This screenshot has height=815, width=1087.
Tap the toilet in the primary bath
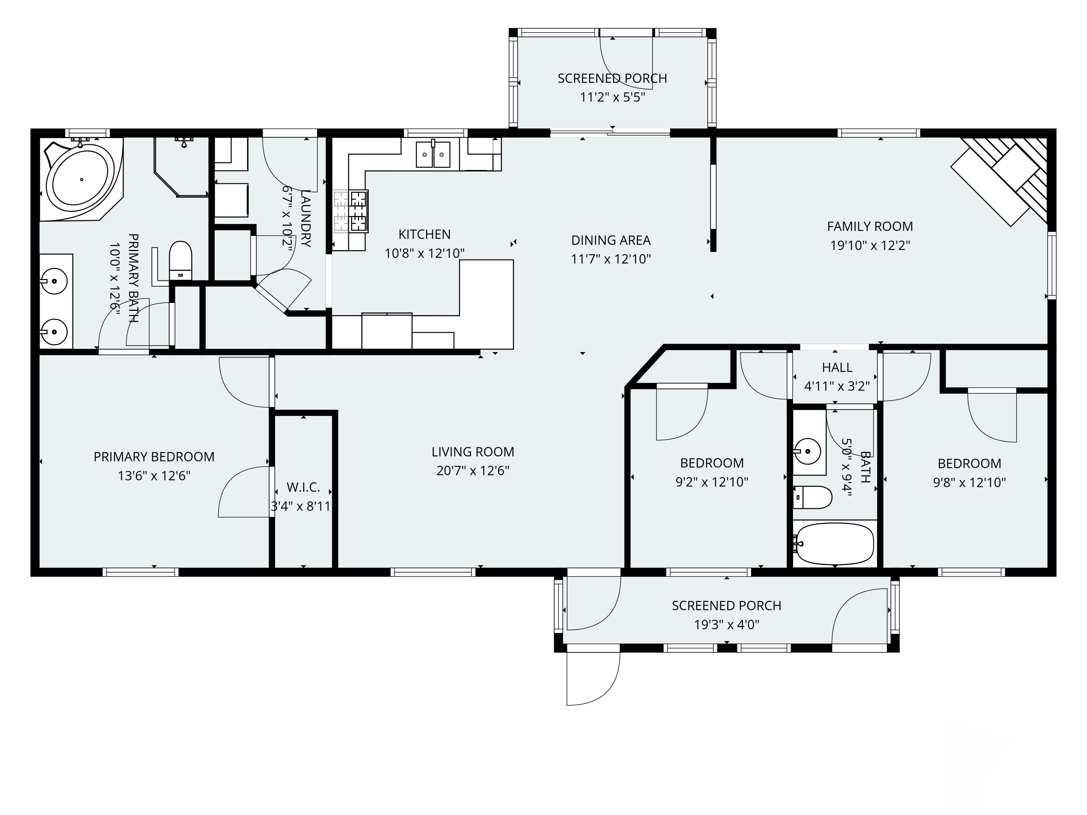(180, 260)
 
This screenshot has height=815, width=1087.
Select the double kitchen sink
(433, 154)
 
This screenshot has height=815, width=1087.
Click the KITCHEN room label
(424, 234)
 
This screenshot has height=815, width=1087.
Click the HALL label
(837, 367)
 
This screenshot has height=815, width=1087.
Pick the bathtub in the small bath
(834, 544)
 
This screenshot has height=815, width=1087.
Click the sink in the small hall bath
(807, 451)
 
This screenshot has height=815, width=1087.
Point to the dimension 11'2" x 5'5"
(612, 97)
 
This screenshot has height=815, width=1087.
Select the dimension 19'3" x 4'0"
(726, 624)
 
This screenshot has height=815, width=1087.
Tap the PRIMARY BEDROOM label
(154, 457)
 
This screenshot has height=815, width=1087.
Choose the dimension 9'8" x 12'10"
(969, 482)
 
